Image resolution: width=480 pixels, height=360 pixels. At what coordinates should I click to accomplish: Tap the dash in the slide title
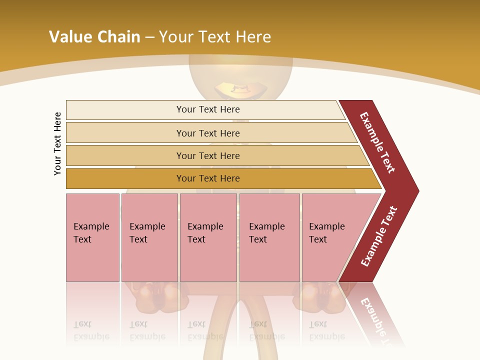[149, 37]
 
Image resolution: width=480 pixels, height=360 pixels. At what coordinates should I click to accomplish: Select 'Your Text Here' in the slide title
[215, 37]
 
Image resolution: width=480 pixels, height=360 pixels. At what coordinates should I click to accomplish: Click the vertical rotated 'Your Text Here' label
[57, 143]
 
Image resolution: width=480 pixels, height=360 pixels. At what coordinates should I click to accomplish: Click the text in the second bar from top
[208, 133]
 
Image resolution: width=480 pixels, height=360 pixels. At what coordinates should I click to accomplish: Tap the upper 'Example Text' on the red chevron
[377, 142]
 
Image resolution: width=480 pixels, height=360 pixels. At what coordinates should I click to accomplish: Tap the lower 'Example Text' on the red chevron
[378, 236]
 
